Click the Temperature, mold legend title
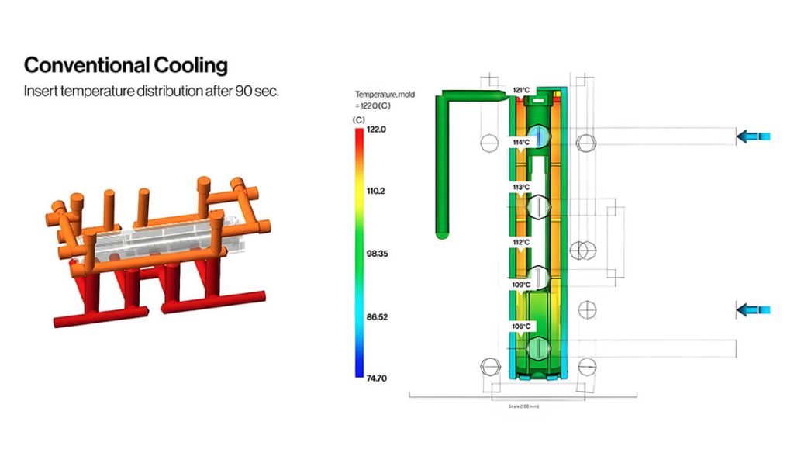[385, 95]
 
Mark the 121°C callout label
[522, 91]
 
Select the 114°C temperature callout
[520, 143]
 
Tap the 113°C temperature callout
[520, 188]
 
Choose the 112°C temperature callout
[520, 243]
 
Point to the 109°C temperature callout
[521, 285]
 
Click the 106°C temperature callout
[520, 327]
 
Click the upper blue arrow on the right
[753, 137]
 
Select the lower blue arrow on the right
[753, 311]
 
